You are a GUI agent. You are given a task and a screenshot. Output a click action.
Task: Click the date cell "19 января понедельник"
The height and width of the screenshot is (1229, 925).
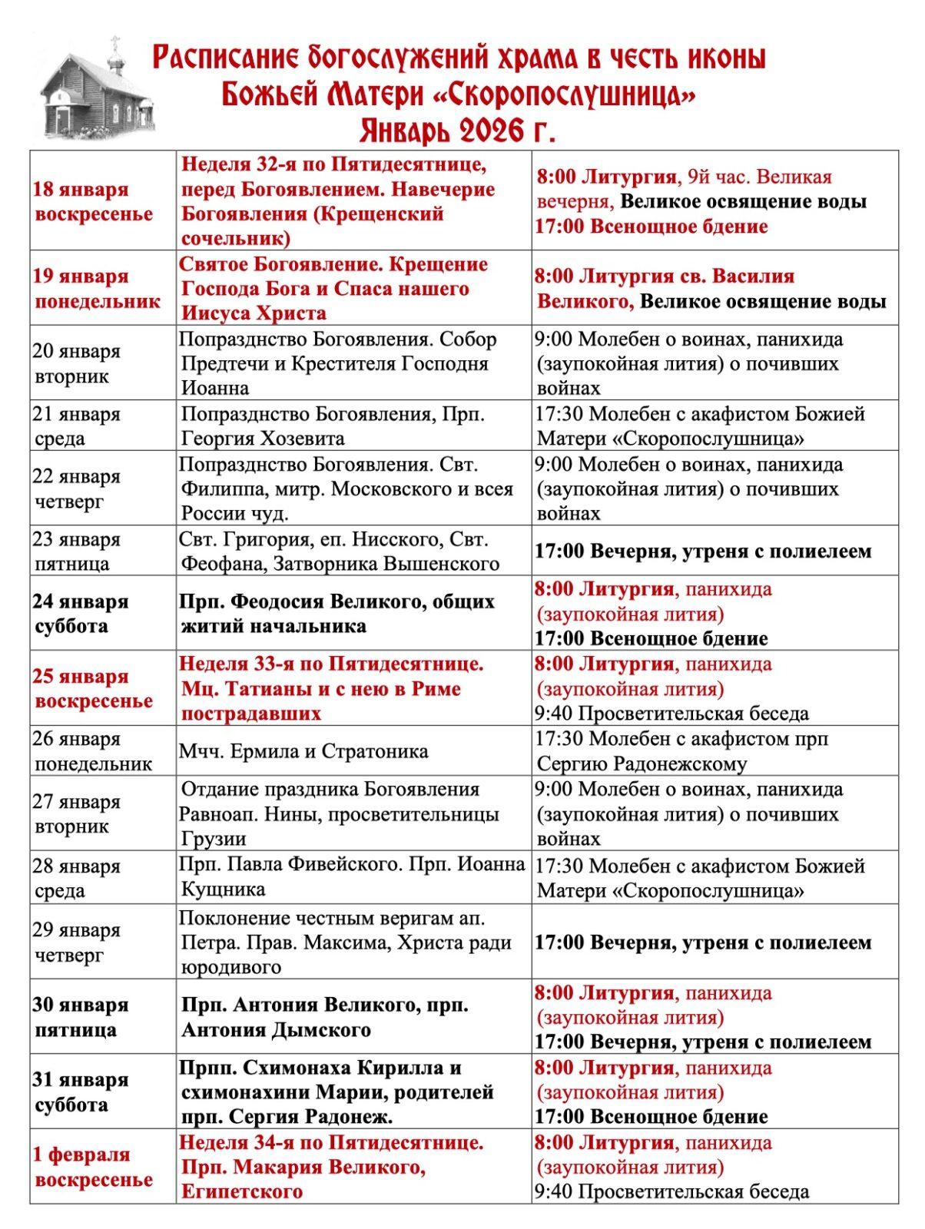coord(97,288)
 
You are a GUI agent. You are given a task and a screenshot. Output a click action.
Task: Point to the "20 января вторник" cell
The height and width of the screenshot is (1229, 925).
coord(77,363)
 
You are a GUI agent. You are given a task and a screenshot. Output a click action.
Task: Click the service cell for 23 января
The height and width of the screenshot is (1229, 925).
coord(703,551)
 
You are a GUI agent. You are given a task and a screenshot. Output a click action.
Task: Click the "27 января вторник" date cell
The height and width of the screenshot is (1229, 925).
coord(77,813)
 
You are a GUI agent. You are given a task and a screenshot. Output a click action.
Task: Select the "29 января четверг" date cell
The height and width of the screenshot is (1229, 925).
coord(77,942)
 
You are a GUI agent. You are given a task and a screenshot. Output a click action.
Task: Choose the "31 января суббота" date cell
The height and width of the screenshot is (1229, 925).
coord(81,1092)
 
